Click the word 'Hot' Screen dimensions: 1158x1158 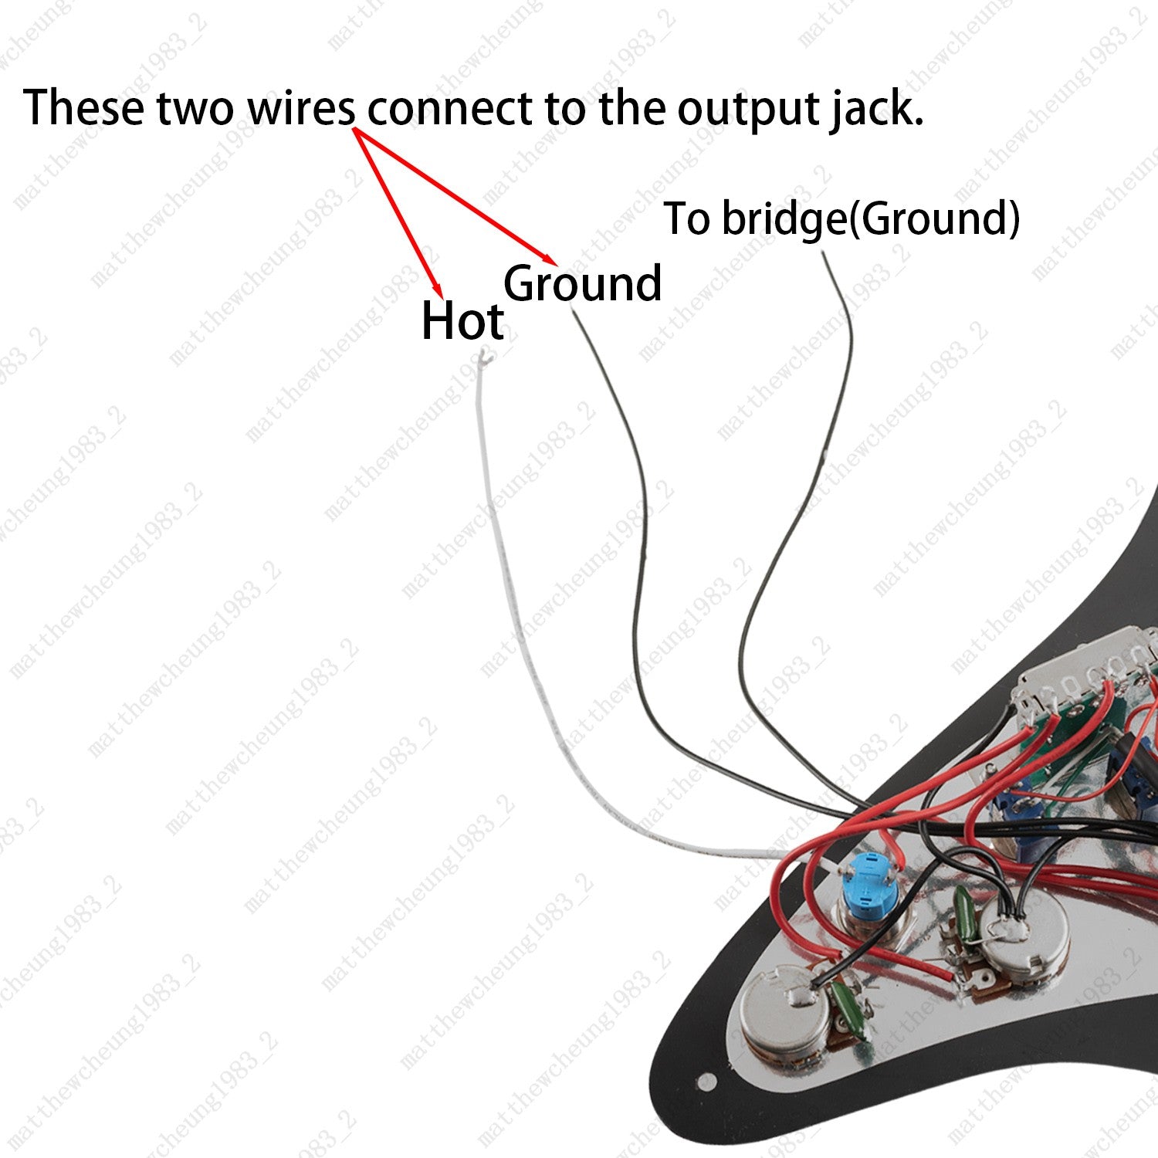coord(462,320)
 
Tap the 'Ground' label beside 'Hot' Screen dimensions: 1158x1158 coord(583,283)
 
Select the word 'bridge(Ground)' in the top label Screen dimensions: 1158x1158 coord(870,219)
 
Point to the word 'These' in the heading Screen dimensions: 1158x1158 coord(83,107)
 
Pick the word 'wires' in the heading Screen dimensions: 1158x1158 coord(300,108)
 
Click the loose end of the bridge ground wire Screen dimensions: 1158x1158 coord(824,254)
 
